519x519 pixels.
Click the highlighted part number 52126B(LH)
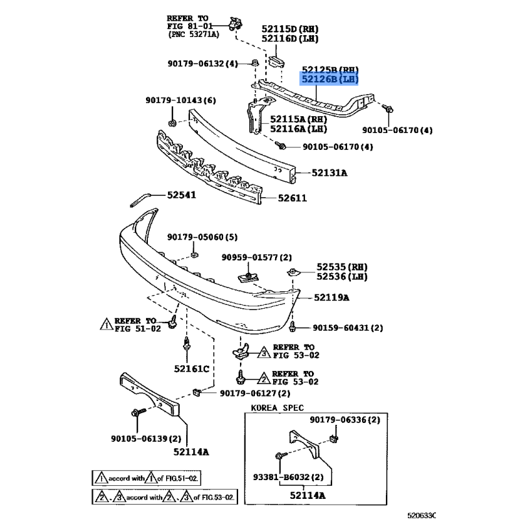point(328,80)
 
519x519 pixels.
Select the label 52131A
point(329,173)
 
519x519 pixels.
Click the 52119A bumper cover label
point(332,298)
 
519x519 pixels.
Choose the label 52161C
point(191,369)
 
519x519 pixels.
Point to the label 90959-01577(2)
point(256,258)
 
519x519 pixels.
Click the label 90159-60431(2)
point(348,328)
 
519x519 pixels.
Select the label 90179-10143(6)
point(180,101)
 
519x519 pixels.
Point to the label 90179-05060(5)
point(202,237)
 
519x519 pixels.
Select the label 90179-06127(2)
point(254,393)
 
